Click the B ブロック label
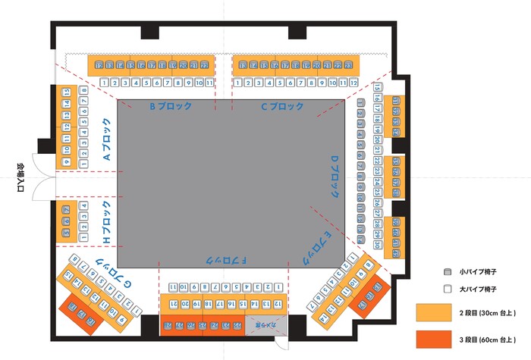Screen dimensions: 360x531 [x=170, y=107]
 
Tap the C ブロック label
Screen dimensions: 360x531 [x=282, y=107]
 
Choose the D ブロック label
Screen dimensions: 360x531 [x=334, y=177]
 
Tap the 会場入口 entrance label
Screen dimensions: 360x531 [x=20, y=179]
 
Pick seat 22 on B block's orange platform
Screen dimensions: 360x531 [x=204, y=66]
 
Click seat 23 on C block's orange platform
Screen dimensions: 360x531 [x=349, y=66]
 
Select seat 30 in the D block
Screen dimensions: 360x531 [x=377, y=245]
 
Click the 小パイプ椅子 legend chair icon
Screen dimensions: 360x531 [x=447, y=271]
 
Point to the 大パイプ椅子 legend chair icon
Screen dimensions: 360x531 [x=447, y=289]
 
